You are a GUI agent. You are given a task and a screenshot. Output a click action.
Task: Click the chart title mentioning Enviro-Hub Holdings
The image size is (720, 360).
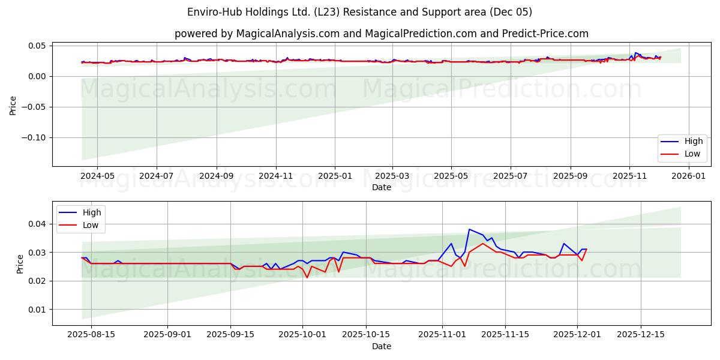(360, 12)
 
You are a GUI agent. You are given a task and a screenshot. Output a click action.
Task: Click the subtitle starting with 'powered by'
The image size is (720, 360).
(381, 34)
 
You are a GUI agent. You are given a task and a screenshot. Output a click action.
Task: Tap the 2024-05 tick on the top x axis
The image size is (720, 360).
(97, 176)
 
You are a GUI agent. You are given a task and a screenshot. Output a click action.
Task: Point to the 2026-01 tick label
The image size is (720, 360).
(688, 176)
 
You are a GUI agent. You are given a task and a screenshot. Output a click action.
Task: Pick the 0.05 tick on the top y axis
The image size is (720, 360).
(37, 46)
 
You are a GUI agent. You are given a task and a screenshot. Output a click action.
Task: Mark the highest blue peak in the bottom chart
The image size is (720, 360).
(469, 229)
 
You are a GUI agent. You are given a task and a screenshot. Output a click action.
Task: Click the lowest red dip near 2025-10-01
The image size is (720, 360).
(307, 277)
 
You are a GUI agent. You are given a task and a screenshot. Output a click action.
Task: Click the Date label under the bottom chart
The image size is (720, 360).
(381, 346)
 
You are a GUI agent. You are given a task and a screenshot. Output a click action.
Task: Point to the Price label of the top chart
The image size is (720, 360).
(13, 104)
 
